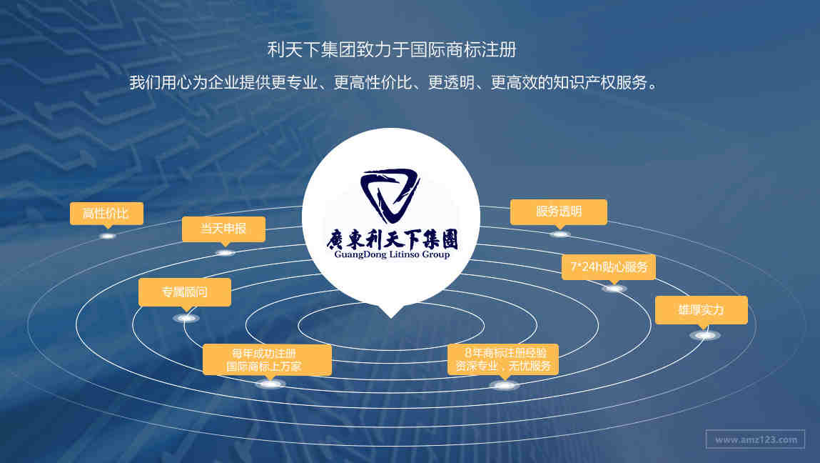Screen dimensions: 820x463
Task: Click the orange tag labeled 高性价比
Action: [x=106, y=213]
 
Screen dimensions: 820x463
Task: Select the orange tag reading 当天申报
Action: [x=224, y=229]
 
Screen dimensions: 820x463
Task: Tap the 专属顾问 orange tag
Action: [x=185, y=292]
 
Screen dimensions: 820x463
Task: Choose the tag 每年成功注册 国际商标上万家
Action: [x=267, y=359]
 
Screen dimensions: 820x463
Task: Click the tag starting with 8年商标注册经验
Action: [x=503, y=359]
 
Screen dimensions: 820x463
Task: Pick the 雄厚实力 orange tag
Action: [x=702, y=310]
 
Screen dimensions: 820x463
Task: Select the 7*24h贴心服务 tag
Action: [x=609, y=267]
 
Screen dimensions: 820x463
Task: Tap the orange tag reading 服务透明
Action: [x=559, y=211]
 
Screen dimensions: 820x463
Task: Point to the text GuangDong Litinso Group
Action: [x=392, y=254]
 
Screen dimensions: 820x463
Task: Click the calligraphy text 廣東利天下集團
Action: [x=393, y=239]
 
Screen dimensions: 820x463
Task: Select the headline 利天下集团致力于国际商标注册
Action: [x=392, y=50]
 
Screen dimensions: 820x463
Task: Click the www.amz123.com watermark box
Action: [x=755, y=439]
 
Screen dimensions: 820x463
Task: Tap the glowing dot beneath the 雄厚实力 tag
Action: [x=705, y=335]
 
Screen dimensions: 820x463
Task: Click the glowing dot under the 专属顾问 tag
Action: [x=186, y=318]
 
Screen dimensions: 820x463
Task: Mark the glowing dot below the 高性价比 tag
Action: [x=108, y=237]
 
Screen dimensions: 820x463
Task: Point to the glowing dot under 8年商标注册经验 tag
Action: [x=504, y=386]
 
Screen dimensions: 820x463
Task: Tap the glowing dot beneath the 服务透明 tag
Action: [x=560, y=234]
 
